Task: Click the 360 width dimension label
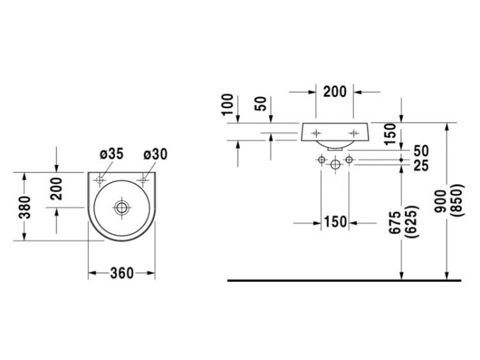122,273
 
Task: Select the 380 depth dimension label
25,207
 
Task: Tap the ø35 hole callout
111,154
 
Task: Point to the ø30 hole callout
156,154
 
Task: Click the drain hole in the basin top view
122,208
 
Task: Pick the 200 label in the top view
56,189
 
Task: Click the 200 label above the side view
335,92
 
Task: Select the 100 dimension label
228,104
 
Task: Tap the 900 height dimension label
441,201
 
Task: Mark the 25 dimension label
421,166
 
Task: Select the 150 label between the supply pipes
335,222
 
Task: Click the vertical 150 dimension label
390,134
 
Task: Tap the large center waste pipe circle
335,164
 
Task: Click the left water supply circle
321,159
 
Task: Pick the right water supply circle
349,159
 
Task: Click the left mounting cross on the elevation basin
316,133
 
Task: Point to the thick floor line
344,280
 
